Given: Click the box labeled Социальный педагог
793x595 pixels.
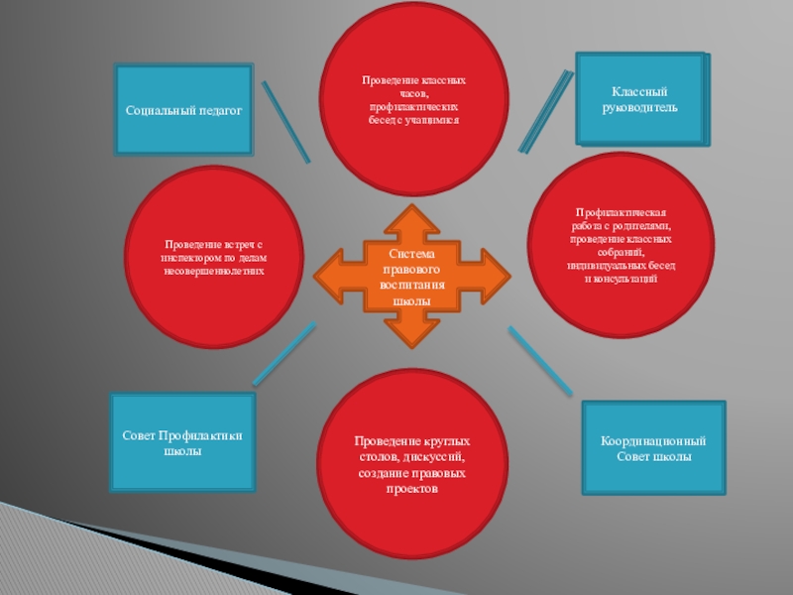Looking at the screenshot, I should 184,110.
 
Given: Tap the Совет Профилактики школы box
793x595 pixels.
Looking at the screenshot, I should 182,443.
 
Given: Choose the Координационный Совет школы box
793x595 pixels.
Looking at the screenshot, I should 653,448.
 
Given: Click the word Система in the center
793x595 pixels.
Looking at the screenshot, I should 411,255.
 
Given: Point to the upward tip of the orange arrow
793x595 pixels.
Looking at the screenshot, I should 411,205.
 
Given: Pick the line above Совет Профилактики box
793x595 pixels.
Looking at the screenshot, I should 284,354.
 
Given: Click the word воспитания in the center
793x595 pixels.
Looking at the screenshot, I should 411,286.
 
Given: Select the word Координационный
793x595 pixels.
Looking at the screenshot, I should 653,440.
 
